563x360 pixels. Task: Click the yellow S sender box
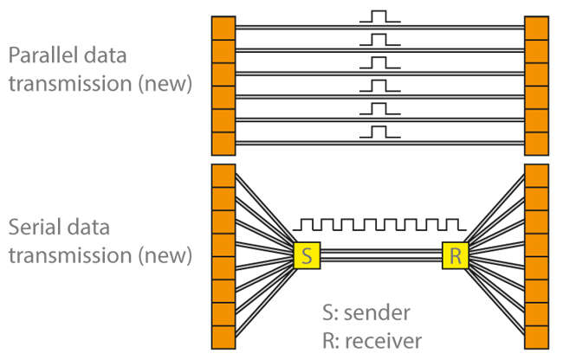coord(307,255)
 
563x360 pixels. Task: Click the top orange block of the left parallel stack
coord(223,28)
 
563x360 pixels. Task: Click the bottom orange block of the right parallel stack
coord(536,144)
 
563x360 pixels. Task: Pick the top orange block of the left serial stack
coord(223,176)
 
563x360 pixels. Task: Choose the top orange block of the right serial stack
coord(536,176)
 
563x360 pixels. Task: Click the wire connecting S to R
coord(381,255)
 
